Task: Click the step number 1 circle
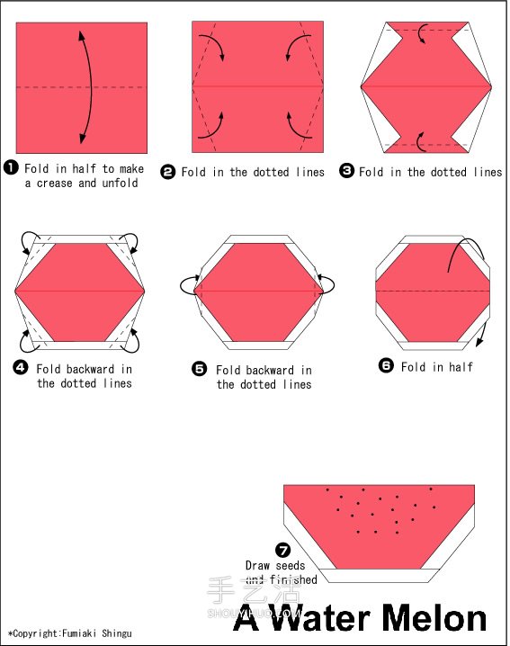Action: [11, 167]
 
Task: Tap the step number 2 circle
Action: [167, 171]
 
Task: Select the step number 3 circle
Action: [346, 171]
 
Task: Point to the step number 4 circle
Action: [21, 367]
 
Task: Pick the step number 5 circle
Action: [200, 369]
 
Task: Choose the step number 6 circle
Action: [386, 365]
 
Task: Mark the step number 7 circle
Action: [283, 550]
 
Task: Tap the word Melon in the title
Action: [434, 618]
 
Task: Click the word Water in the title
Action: [321, 618]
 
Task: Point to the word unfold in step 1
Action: [120, 183]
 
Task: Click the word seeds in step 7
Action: [291, 565]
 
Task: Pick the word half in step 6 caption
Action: [461, 367]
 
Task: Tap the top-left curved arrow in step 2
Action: [211, 46]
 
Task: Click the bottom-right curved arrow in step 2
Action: [300, 126]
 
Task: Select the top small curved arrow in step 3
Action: [422, 33]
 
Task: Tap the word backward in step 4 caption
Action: [89, 369]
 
